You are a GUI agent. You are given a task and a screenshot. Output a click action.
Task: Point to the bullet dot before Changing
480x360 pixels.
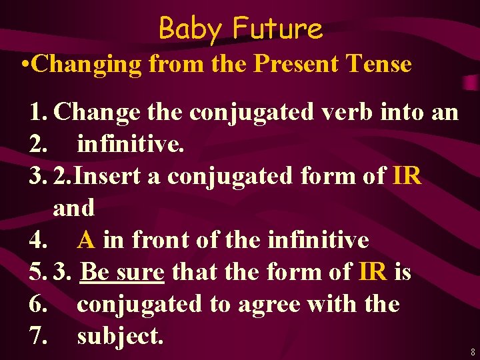click(24, 65)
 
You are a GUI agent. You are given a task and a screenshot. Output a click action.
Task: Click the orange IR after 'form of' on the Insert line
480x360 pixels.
click(407, 176)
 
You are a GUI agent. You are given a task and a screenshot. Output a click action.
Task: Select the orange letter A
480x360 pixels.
click(86, 240)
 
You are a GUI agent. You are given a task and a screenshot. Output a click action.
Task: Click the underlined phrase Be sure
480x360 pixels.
click(122, 272)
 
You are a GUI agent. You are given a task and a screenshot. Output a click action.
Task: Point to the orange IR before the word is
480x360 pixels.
click(372, 272)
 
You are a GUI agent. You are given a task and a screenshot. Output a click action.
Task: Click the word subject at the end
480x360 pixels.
click(120, 336)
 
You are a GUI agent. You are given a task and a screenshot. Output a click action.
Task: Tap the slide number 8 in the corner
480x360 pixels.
click(472, 351)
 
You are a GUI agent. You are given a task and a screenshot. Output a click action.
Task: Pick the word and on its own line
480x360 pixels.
click(74, 208)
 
